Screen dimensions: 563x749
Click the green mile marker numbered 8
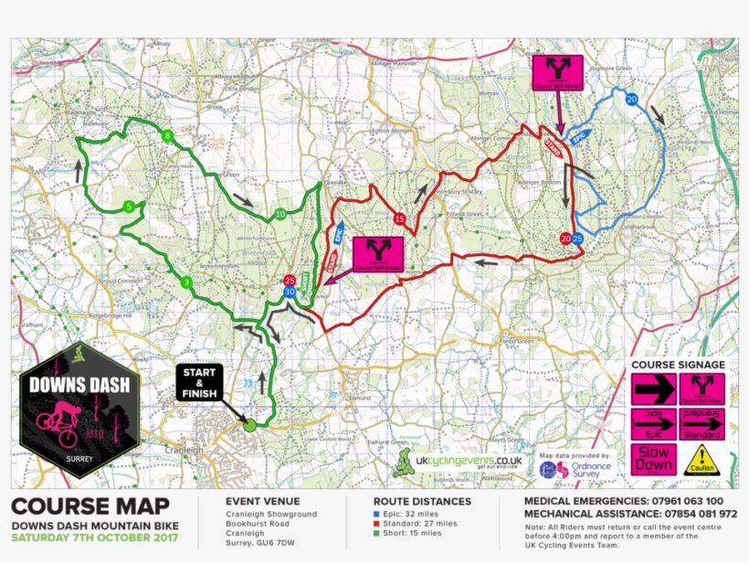(166, 136)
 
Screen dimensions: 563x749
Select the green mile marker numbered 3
(186, 281)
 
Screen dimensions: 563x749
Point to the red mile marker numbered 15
(399, 218)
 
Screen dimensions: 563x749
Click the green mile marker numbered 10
(280, 215)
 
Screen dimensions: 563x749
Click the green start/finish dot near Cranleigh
(248, 425)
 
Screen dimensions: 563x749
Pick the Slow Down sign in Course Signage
(654, 459)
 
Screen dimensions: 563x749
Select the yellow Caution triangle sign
(702, 460)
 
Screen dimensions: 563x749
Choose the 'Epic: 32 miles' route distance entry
(411, 515)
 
